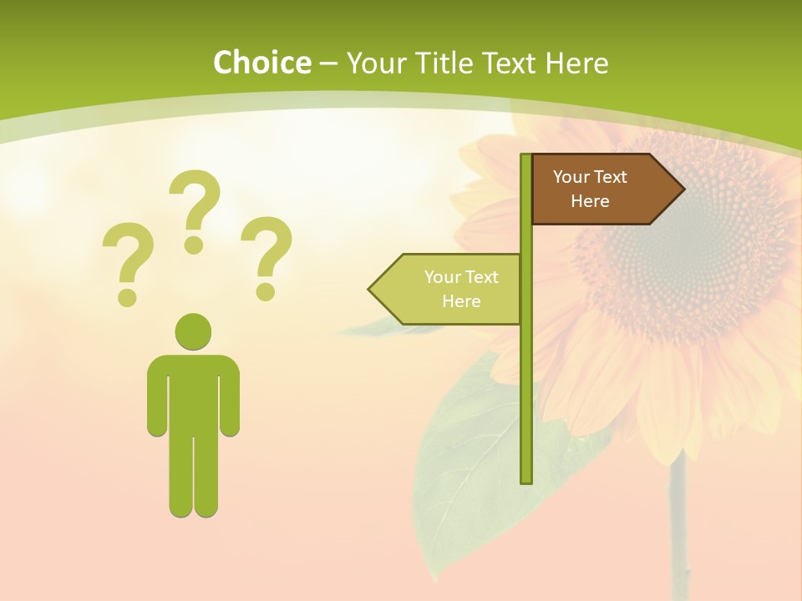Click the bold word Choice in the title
[x=261, y=63]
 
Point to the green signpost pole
[x=525, y=376]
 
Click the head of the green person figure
[x=193, y=331]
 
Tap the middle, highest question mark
[x=195, y=205]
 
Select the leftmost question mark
[x=127, y=259]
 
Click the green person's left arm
[x=156, y=396]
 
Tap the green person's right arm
[x=231, y=396]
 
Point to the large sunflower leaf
[x=468, y=467]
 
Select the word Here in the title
[x=576, y=63]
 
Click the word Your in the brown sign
[x=571, y=177]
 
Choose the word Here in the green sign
[x=461, y=301]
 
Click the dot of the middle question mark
[x=194, y=244]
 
